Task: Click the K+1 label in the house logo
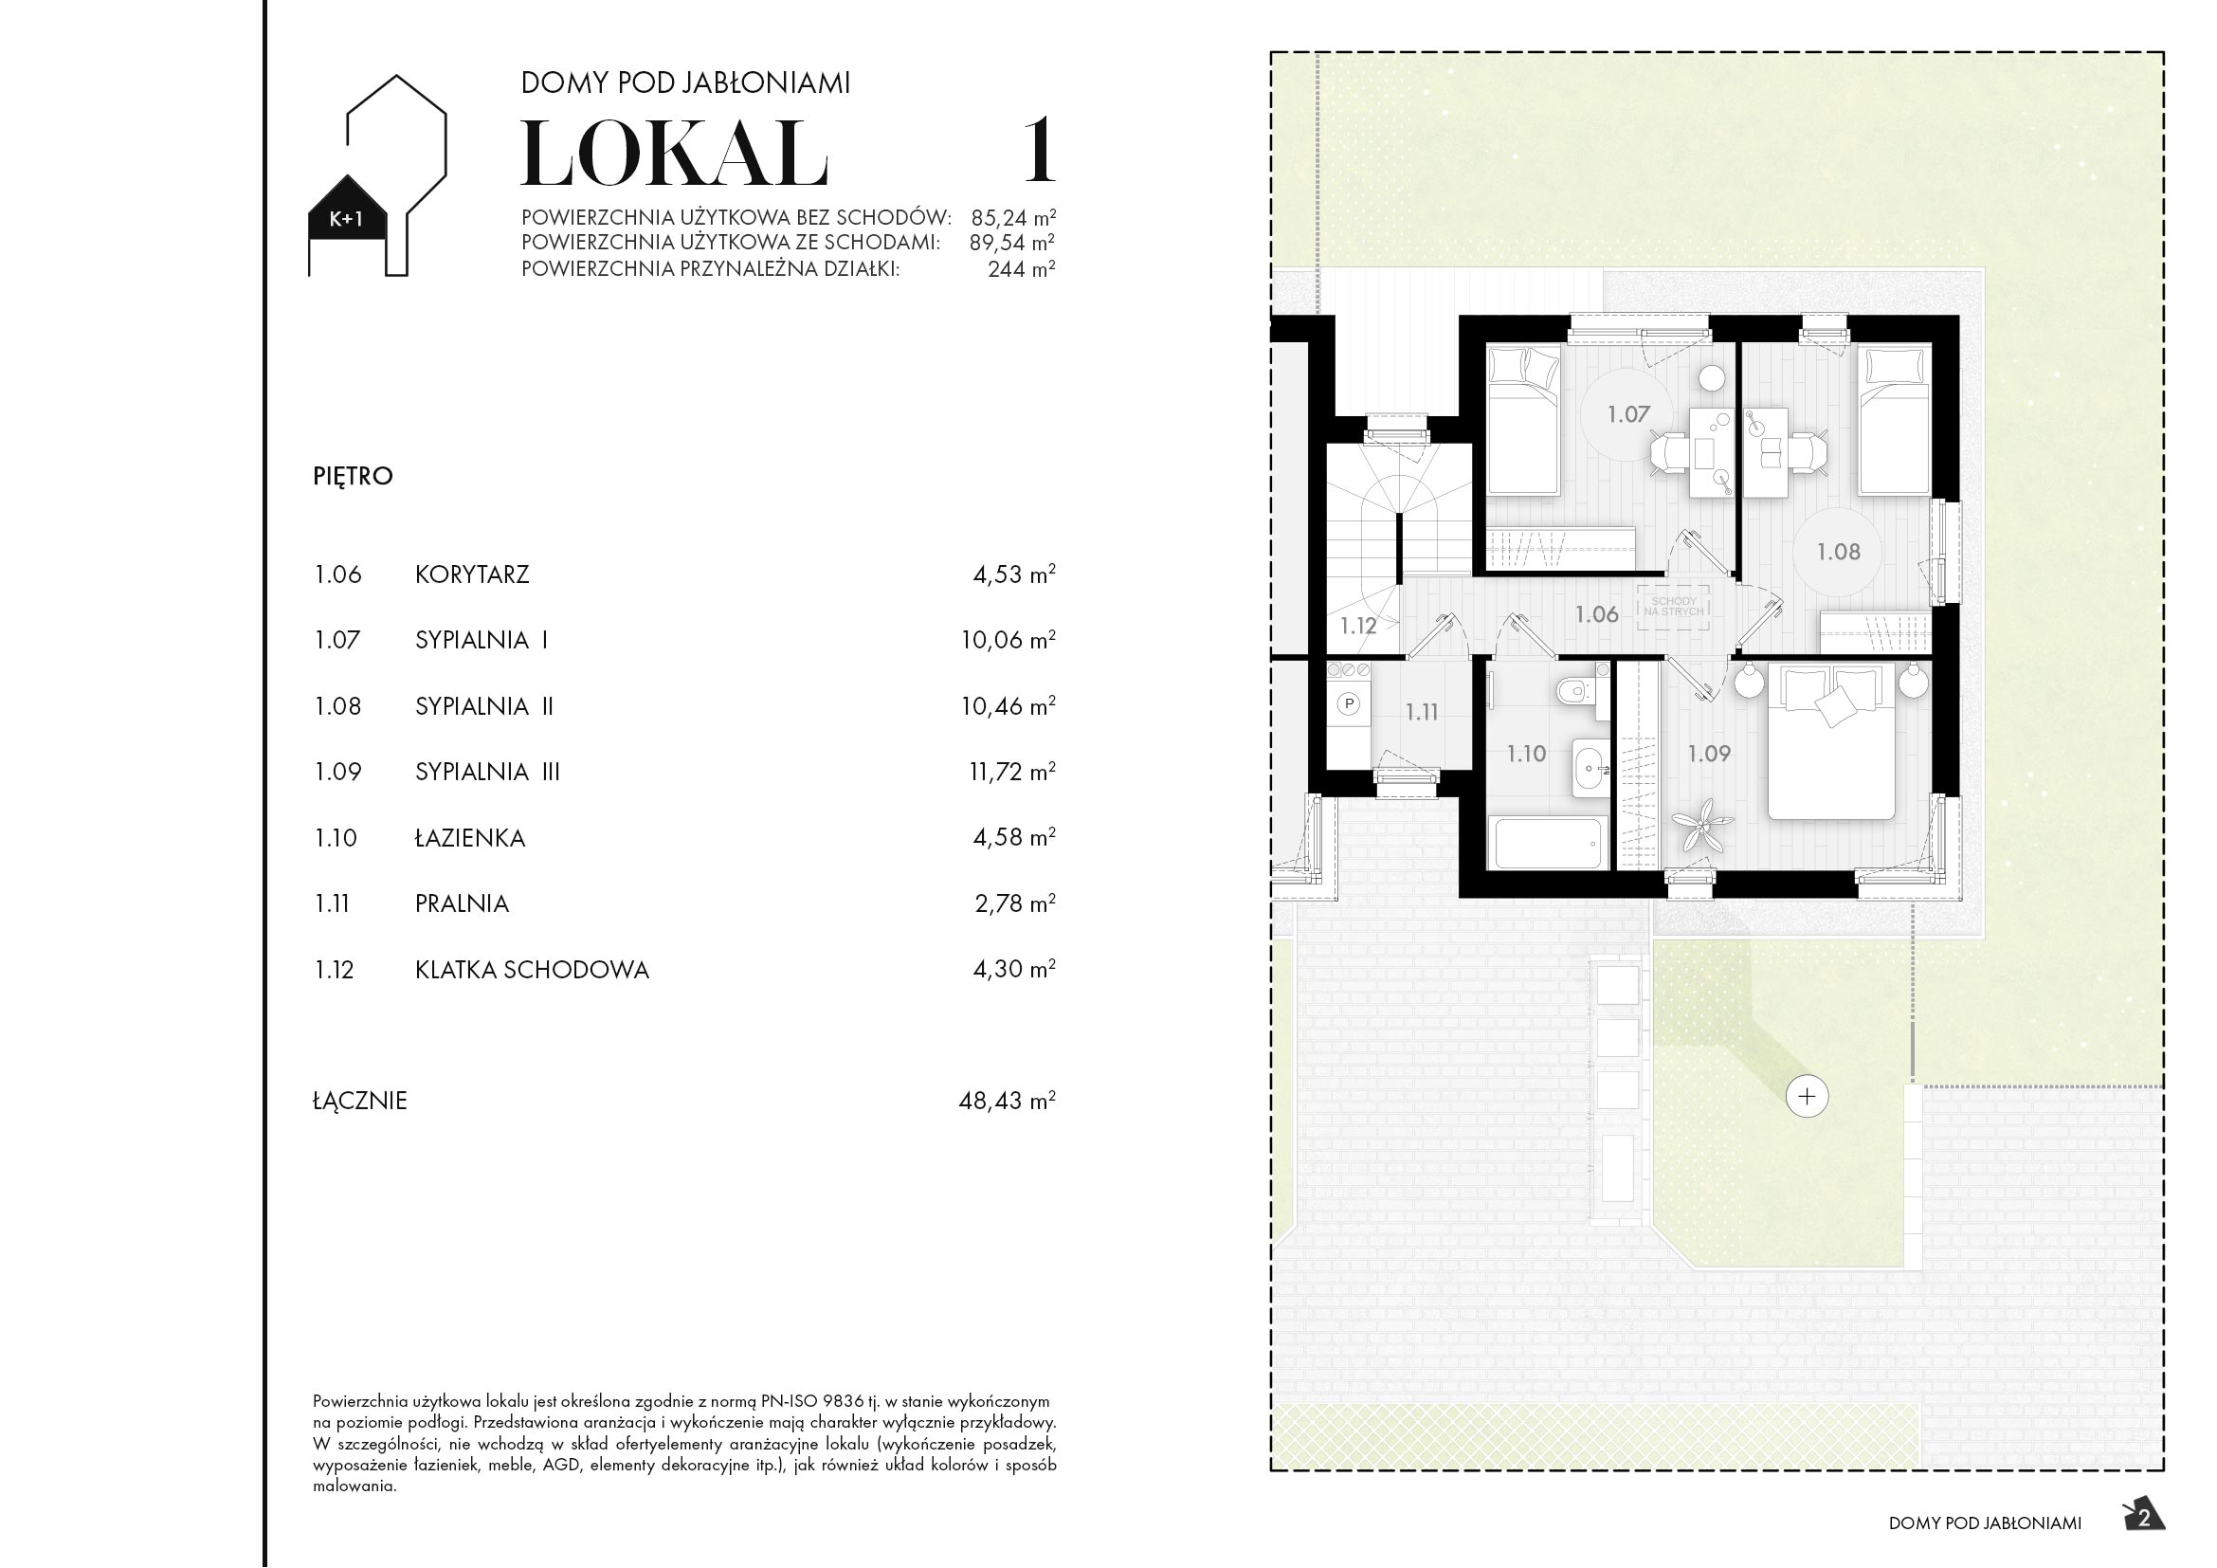point(347,219)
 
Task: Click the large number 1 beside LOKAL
point(1039,151)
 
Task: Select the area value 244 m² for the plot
point(1021,269)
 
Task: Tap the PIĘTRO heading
point(353,476)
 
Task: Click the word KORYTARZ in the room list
point(472,574)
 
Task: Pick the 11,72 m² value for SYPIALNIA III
point(1011,772)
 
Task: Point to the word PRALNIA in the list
point(462,903)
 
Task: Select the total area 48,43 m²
point(1007,1101)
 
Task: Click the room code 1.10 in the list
point(336,838)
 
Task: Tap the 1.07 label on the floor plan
point(1628,414)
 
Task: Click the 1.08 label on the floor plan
point(1838,552)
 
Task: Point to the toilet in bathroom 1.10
point(1580,691)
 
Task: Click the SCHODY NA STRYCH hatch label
point(1673,607)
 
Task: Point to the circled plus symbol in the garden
point(1807,1097)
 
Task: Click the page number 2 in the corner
point(2144,1519)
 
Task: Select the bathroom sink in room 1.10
point(1588,770)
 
